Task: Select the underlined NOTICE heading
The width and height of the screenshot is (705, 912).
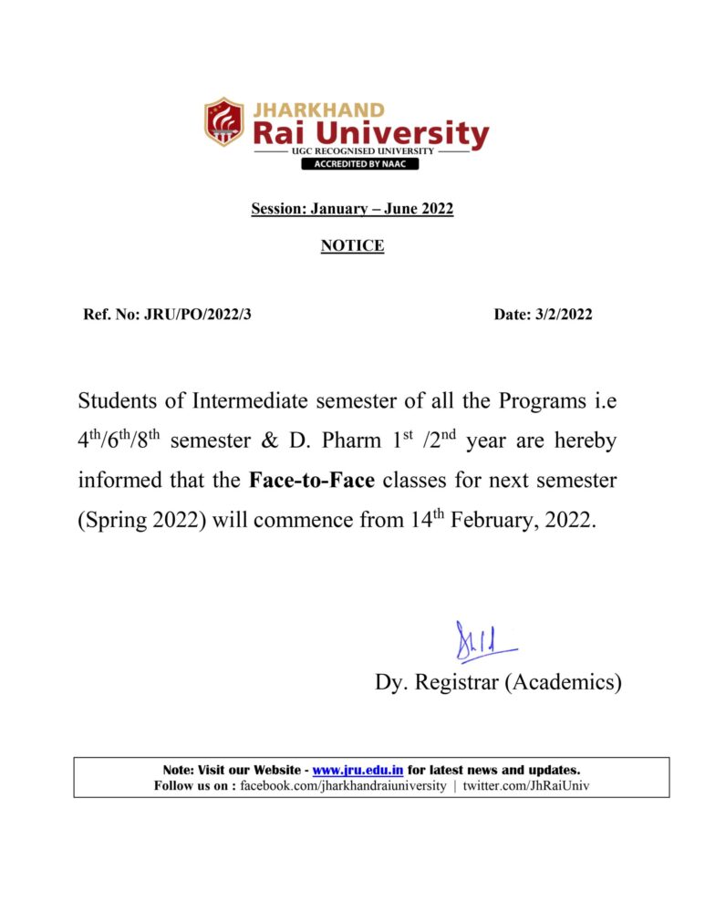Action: point(352,245)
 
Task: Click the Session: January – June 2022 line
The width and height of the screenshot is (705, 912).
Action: point(352,209)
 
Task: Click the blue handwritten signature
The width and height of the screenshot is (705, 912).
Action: point(483,642)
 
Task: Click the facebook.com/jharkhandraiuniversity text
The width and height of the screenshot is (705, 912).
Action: point(343,785)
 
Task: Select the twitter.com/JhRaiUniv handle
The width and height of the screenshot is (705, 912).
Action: point(526,785)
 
